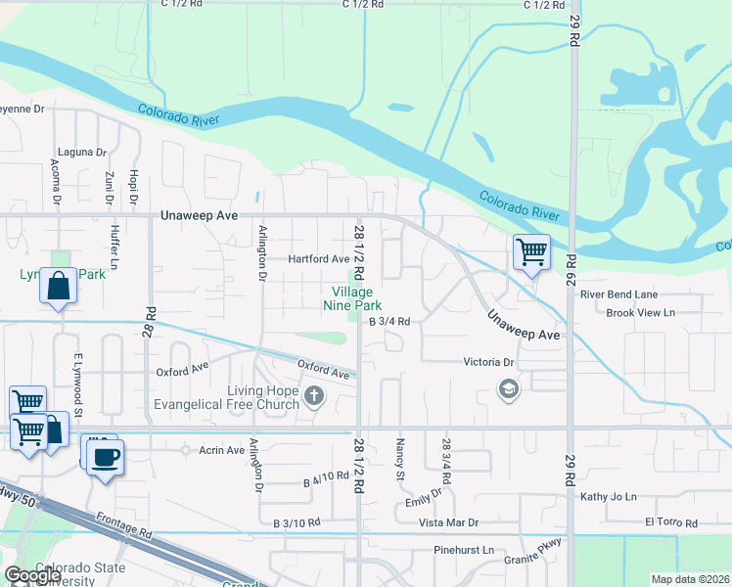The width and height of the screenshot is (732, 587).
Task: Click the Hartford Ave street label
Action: [318, 259]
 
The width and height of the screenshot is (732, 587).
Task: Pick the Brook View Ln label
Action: [641, 313]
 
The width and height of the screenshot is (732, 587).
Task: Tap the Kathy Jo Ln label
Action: [608, 497]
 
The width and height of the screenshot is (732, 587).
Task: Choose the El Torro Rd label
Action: [670, 522]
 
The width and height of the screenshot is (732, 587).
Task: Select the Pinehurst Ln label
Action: [465, 551]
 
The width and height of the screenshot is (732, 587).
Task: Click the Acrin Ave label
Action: [222, 450]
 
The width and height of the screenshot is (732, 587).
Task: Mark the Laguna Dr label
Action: [82, 153]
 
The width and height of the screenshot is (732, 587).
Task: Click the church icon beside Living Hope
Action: [313, 395]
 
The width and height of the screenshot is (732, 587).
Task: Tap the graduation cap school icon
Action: [507, 390]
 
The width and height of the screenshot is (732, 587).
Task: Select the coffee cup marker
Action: [106, 457]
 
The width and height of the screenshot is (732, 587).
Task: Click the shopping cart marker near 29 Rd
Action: [531, 252]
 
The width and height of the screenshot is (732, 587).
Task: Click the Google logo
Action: [32, 575]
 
